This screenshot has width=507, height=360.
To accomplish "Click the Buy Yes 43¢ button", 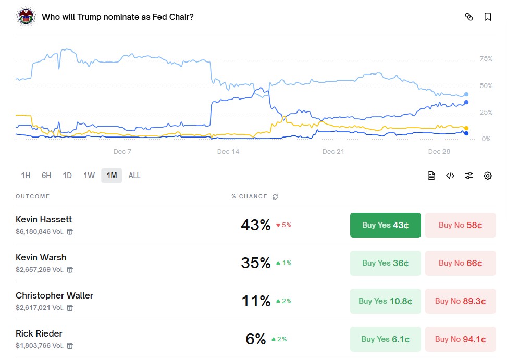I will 385,225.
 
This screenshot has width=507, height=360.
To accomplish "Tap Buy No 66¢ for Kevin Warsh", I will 460,263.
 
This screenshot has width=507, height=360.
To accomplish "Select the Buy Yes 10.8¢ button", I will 385,301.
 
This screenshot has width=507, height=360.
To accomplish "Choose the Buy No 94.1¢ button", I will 460,339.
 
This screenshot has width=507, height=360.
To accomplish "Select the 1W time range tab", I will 89,176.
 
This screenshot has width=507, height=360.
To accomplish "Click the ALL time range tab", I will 134,176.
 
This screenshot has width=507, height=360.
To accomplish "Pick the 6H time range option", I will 46,176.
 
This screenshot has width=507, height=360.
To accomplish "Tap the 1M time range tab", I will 112,176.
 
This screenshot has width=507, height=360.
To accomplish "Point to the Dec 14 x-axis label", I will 228,152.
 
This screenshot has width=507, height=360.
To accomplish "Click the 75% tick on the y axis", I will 486,59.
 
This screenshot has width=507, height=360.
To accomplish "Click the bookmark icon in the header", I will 488,17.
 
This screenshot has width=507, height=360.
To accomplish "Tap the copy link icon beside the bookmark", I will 469,17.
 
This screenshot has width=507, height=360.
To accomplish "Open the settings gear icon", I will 488,176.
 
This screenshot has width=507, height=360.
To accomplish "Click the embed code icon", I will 450,176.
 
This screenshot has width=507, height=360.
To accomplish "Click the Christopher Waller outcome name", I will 54,295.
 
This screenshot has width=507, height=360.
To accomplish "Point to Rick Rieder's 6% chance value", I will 256,339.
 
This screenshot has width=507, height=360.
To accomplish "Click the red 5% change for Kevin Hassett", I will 283,225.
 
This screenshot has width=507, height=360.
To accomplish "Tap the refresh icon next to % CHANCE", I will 275,197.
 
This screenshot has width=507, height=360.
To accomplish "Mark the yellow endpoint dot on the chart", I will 466,128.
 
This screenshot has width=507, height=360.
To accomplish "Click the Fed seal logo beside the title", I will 26,17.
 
